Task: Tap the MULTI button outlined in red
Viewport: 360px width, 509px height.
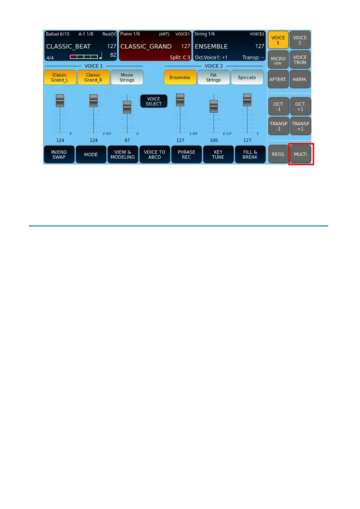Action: (300, 154)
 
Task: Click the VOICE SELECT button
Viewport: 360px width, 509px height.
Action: (154, 101)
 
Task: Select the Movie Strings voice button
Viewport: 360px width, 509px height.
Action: (127, 78)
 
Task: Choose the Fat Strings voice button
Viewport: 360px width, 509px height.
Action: (213, 78)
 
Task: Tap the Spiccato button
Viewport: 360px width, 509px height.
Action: (247, 78)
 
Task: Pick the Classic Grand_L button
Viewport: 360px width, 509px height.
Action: (60, 78)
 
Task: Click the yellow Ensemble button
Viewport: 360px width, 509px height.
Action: (180, 78)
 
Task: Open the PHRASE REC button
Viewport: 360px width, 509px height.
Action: (186, 154)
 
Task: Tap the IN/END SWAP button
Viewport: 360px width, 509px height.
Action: (59, 154)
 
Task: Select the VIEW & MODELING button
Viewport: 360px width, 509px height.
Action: (123, 154)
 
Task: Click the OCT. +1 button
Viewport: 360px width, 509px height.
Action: (300, 107)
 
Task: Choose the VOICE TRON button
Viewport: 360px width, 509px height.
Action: (300, 60)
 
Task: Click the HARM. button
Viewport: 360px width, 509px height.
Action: (300, 79)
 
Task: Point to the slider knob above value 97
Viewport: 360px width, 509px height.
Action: (127, 107)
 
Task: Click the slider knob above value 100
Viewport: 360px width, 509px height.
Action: (214, 106)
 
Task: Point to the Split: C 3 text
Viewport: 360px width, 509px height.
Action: (180, 57)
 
